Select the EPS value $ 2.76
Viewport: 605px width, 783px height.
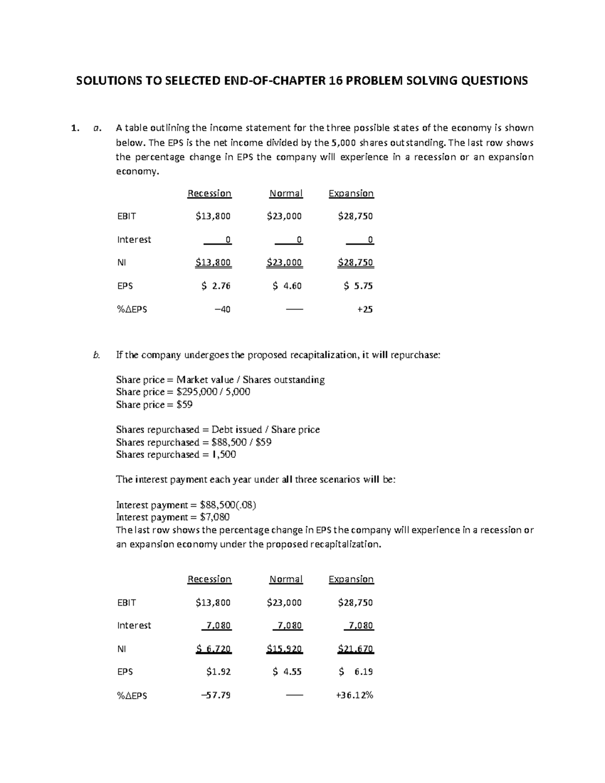pyautogui.click(x=215, y=286)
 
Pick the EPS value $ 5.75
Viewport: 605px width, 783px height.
pyautogui.click(x=358, y=286)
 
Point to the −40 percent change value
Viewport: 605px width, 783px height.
pyautogui.click(x=222, y=310)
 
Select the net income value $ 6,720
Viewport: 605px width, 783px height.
pyautogui.click(x=213, y=649)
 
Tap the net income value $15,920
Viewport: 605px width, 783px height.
pyautogui.click(x=284, y=649)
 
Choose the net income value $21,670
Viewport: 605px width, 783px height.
pyautogui.click(x=355, y=649)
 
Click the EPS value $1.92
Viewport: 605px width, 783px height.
pyautogui.click(x=218, y=672)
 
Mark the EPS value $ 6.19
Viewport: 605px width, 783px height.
pyautogui.click(x=356, y=672)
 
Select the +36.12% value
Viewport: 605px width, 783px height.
pyautogui.click(x=354, y=695)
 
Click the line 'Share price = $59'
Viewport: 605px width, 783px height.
pyautogui.click(x=154, y=404)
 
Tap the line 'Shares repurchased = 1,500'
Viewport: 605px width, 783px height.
pyautogui.click(x=176, y=454)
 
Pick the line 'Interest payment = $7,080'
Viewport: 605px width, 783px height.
pyautogui.click(x=172, y=517)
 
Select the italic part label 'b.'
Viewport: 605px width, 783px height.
pyautogui.click(x=97, y=355)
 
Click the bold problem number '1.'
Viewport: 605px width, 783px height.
pyautogui.click(x=75, y=128)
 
